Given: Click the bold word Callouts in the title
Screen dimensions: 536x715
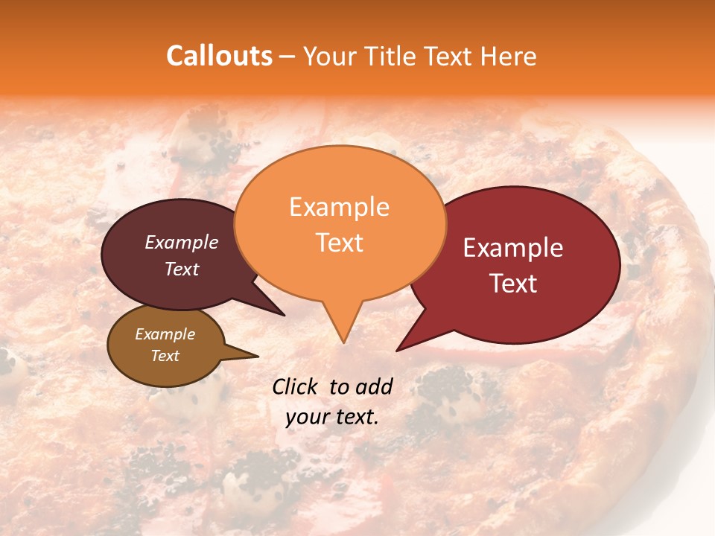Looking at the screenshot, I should pos(219,56).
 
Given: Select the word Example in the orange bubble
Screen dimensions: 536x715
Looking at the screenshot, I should pos(339,207).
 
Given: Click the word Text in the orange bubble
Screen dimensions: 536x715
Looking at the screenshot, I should pos(339,243).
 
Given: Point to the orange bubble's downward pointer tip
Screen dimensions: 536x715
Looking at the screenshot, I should pos(343,342).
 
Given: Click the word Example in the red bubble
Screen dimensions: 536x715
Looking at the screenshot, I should pos(513,248).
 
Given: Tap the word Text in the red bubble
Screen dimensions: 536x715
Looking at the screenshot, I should pos(513,284).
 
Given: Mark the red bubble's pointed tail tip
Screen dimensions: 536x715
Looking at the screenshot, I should pos(397,351).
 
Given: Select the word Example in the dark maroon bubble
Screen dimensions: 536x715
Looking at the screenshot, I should pos(181,242).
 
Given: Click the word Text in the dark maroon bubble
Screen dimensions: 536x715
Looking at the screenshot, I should pos(181,269).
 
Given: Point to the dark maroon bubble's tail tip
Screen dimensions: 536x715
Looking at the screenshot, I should pos(285,316).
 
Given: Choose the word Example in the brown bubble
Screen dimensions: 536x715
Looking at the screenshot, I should pos(165,334).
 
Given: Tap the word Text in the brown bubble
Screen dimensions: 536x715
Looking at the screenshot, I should pos(165,356).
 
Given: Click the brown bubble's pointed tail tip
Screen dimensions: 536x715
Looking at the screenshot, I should pos(258,356).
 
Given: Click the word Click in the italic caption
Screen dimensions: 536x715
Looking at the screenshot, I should pos(296,386).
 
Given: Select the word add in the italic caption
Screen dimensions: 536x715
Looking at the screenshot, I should pos(374,386).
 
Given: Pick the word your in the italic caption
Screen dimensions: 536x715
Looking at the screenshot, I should pos(307,417).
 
